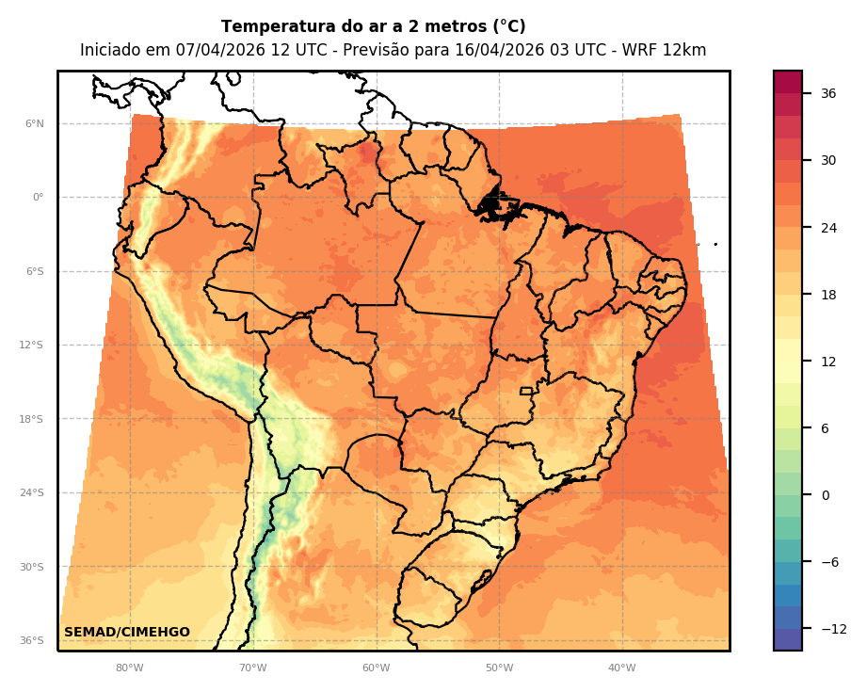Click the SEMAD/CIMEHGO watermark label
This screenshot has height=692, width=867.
(x=127, y=632)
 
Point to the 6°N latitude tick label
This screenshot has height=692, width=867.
(x=34, y=123)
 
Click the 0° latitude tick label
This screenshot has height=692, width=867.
(x=38, y=198)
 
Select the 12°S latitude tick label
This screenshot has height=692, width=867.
(x=32, y=345)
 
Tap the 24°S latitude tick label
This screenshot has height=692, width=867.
(x=32, y=492)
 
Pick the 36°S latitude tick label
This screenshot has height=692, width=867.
(x=32, y=640)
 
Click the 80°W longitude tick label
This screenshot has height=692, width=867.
(x=130, y=668)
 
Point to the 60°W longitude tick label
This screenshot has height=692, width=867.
(x=376, y=668)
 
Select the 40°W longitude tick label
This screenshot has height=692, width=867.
(x=621, y=668)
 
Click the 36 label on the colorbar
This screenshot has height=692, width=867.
(x=828, y=93)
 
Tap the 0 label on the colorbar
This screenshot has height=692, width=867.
(x=825, y=495)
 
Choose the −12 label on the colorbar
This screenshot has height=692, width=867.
(x=832, y=629)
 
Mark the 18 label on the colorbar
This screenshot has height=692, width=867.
(x=828, y=295)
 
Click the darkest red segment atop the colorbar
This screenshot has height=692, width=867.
(x=788, y=82)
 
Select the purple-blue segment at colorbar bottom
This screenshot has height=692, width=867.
(x=788, y=639)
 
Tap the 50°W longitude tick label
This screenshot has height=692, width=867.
(x=499, y=668)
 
